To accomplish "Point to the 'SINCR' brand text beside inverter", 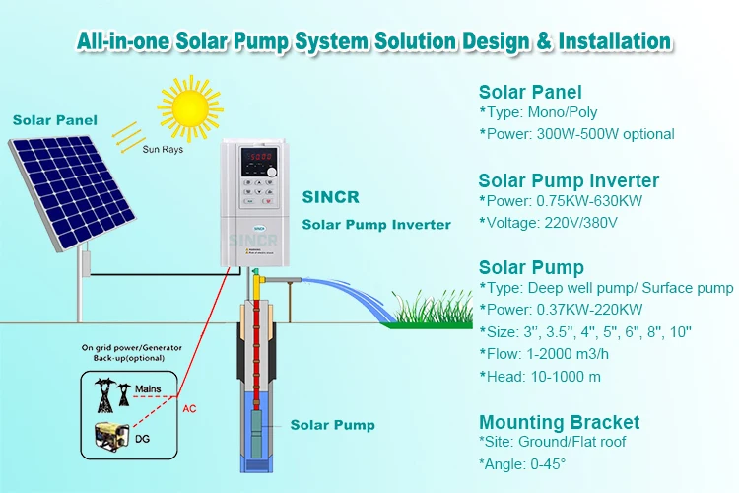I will (325, 199).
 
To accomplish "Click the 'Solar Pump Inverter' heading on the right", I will (569, 180).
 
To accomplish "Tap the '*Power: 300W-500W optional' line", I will (576, 134).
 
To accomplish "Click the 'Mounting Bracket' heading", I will (559, 422).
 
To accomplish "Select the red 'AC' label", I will (188, 407).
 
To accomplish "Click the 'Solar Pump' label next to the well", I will (332, 425).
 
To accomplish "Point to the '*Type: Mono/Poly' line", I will (538, 112).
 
